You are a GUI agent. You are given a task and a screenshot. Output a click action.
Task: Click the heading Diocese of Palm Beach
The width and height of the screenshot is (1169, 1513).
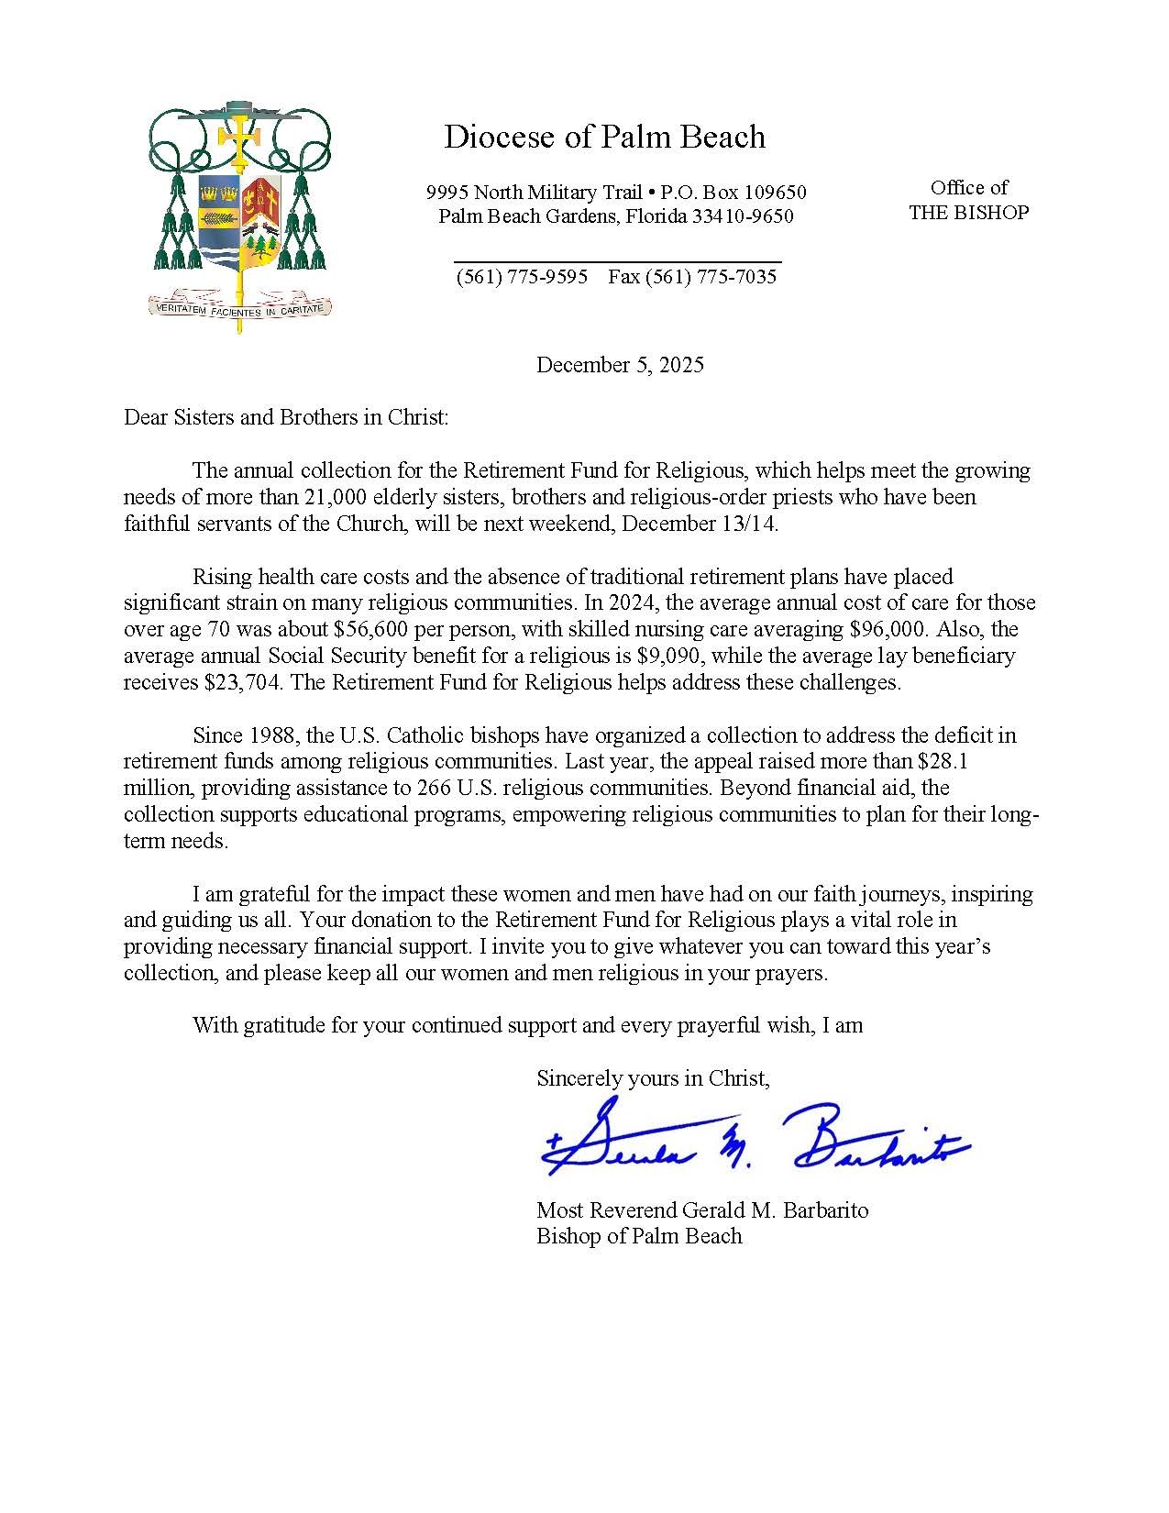click(x=604, y=137)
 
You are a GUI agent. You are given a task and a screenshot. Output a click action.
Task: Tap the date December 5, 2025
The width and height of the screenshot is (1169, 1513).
click(x=620, y=365)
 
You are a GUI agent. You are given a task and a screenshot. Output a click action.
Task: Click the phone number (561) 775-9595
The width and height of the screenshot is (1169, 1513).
click(x=522, y=276)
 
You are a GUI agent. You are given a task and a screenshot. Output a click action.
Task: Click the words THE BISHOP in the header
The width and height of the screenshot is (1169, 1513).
click(x=968, y=212)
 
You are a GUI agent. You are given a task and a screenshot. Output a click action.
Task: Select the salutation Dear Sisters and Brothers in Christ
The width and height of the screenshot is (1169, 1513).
click(x=287, y=417)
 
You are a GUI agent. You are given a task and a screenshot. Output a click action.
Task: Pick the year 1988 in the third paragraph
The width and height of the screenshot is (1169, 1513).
click(x=270, y=735)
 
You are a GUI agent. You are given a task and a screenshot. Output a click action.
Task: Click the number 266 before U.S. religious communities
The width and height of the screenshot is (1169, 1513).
click(x=434, y=788)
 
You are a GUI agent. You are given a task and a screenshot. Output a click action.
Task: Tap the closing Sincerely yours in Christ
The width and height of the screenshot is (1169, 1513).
click(x=653, y=1078)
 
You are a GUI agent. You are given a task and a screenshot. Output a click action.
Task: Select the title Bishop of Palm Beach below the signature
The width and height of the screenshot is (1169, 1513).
click(x=639, y=1236)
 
